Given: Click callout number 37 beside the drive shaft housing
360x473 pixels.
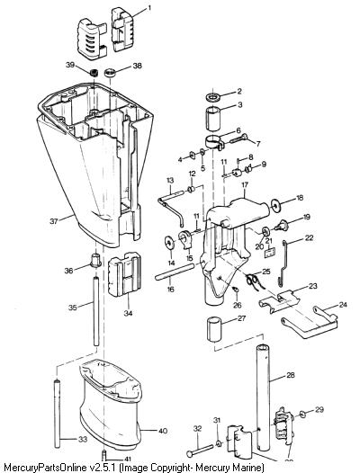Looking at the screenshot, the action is click(53, 221).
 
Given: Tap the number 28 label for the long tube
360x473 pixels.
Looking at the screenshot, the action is click(290, 375).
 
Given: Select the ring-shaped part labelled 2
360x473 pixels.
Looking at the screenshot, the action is click(212, 97).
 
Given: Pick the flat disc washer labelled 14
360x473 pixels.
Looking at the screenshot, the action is click(170, 243).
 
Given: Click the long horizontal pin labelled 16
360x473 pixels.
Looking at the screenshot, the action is click(175, 272).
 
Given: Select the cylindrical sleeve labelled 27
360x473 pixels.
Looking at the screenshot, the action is click(214, 329).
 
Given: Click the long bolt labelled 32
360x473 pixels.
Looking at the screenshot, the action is click(200, 451).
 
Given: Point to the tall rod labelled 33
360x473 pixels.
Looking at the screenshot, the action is click(57, 415).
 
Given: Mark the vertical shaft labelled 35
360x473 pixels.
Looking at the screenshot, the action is click(96, 311).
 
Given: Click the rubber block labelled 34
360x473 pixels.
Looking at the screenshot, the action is click(125, 276).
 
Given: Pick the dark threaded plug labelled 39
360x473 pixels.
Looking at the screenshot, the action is click(94, 73).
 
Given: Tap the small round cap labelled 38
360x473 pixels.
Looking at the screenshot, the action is click(109, 73).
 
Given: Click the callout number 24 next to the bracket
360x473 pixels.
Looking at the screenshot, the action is click(343, 305).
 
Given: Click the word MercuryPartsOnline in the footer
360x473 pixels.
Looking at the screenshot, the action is click(44, 468).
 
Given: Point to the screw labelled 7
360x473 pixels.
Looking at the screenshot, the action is click(239, 138).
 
